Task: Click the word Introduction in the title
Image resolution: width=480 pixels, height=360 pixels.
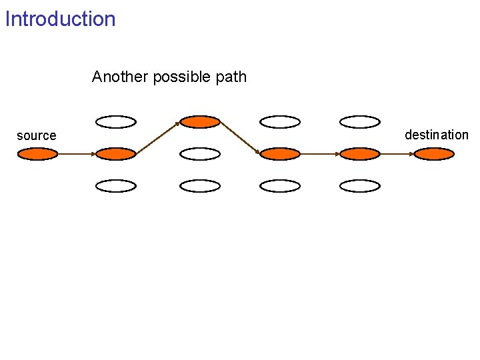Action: coord(60,19)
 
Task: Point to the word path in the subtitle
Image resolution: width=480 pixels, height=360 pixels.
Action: coord(231,77)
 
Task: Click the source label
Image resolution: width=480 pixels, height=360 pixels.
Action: coord(37,136)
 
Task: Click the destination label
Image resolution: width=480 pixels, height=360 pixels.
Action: coord(437,135)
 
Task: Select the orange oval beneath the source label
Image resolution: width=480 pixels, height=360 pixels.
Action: coord(37,154)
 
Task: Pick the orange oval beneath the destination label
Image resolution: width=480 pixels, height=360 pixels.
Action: coord(434,154)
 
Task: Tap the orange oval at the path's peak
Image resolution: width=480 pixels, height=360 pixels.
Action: coord(200,121)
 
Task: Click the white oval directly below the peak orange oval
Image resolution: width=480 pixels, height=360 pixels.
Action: coord(200,154)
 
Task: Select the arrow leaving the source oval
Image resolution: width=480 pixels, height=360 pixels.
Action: coord(77,154)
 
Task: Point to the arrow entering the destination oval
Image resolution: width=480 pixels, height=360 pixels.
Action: coord(397,154)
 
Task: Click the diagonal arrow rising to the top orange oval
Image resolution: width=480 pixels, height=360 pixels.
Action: coord(157,138)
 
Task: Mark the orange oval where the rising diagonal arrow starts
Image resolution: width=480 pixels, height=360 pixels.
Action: coord(115,154)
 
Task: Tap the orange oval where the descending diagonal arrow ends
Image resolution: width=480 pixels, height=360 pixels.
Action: coord(280,154)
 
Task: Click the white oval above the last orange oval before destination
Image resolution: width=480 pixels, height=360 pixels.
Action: coord(360,121)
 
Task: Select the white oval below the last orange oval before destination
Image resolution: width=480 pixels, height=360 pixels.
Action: coord(360,186)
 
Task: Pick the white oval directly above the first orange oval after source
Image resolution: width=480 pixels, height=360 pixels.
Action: coord(115,121)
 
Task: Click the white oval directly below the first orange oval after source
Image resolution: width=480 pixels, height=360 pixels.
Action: coord(115,186)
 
